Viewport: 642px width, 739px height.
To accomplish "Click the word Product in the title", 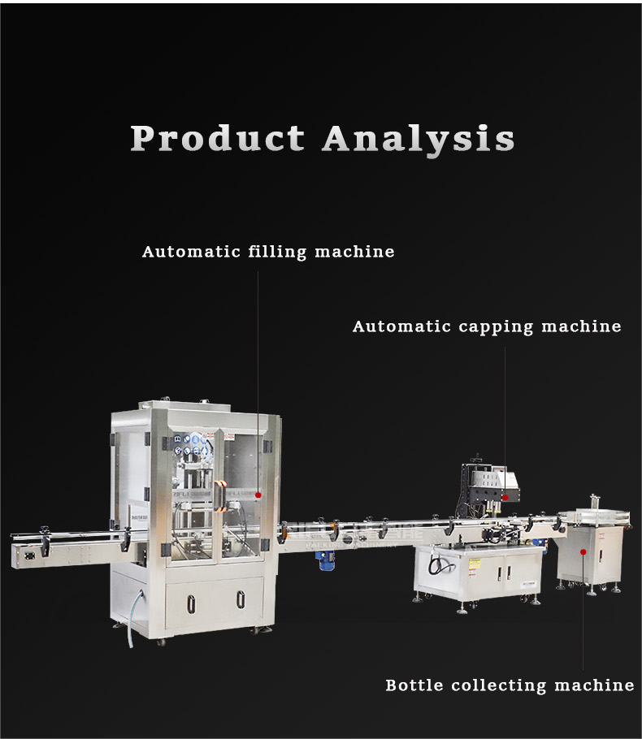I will (217, 138).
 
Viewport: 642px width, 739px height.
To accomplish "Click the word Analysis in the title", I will (418, 138).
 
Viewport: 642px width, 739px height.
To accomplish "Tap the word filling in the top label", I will (279, 252).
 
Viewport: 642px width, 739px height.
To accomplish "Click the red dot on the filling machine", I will (258, 494).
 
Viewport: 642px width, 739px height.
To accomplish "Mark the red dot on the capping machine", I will (505, 496).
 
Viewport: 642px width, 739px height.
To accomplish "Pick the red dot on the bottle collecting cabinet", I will (583, 551).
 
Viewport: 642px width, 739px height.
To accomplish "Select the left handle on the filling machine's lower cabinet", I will (192, 601).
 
